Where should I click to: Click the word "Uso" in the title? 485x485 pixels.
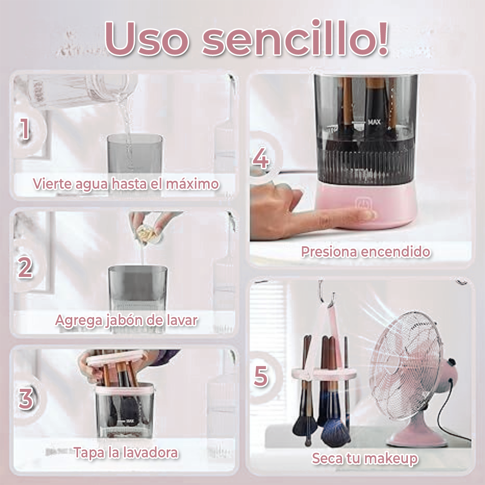click(147, 39)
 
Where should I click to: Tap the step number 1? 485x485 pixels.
click(24, 129)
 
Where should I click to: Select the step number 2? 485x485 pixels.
click(25, 267)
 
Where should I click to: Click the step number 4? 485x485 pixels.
click(260, 159)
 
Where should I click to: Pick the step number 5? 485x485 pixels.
click(260, 376)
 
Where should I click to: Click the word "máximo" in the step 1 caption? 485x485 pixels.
click(193, 184)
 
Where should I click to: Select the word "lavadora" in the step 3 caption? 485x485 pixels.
click(150, 453)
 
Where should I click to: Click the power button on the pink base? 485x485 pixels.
click(362, 204)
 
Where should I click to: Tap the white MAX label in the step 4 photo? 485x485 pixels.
click(374, 122)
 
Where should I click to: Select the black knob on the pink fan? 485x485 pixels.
click(452, 361)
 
